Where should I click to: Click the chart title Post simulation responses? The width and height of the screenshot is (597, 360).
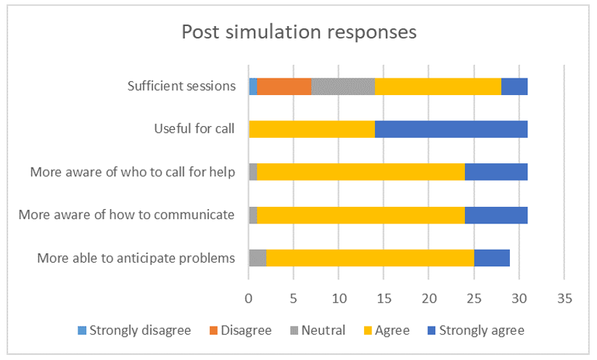click(298, 33)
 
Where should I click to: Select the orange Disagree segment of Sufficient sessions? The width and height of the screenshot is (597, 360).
click(284, 86)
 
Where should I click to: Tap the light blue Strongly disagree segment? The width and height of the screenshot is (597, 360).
click(253, 86)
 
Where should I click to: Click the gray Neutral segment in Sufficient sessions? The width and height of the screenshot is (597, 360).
click(343, 86)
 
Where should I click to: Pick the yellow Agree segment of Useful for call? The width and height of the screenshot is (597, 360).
click(312, 129)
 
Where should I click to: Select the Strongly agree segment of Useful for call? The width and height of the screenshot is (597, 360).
click(451, 129)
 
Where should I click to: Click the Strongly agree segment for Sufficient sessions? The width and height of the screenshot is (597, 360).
click(514, 86)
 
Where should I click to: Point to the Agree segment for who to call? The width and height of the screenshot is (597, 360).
click(361, 172)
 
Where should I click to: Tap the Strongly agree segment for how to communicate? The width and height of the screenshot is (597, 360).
click(496, 215)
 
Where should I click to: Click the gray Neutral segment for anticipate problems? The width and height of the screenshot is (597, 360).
click(258, 258)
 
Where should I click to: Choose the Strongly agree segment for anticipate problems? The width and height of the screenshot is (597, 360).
click(492, 258)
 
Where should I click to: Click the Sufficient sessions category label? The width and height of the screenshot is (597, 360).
click(181, 86)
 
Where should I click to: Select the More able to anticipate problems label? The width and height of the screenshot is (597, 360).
click(137, 258)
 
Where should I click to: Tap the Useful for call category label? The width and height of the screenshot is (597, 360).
click(194, 129)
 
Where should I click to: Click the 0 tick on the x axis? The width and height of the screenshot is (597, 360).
click(249, 298)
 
